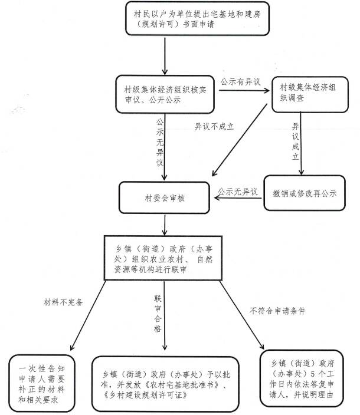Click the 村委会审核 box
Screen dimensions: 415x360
click(166, 198)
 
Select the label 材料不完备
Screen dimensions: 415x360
click(64, 301)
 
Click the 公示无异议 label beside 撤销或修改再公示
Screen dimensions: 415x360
click(238, 192)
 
